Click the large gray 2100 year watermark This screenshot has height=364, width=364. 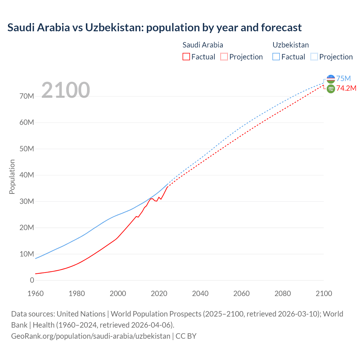coord(66,90)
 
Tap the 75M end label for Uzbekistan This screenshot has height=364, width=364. coord(343,78)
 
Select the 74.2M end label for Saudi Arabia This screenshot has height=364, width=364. coord(346,88)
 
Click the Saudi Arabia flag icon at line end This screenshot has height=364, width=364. coord(331,89)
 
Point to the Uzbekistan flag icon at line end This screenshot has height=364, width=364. coord(331,79)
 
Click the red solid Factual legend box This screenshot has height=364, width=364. coord(186,57)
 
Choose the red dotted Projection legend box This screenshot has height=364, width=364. coord(224,57)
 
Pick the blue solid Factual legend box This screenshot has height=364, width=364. coord(276,57)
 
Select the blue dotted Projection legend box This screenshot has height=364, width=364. coord(314,57)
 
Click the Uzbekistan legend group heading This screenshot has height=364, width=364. coord(290,45)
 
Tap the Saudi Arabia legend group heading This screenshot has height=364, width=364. coord(202,45)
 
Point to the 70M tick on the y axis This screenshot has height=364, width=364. coord(27,96)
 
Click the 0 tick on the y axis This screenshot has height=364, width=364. coord(32,280)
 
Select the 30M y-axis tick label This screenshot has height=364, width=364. coord(27,201)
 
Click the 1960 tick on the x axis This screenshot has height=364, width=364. coord(36,293)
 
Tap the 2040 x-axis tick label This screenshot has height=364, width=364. coord(200,293)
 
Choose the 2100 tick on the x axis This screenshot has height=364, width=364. coord(324,293)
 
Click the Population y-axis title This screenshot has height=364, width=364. coord(12,177)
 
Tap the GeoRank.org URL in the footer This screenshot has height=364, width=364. coord(90,336)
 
